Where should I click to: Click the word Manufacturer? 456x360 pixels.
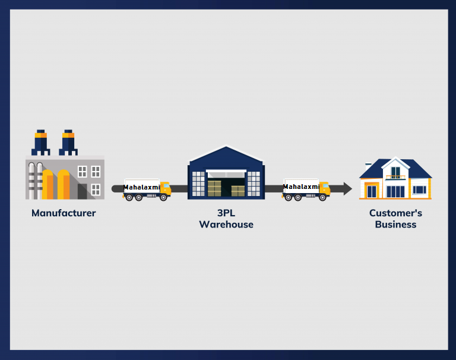click(x=64, y=213)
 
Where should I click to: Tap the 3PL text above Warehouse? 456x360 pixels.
click(x=226, y=213)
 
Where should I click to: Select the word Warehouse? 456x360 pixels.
click(x=226, y=225)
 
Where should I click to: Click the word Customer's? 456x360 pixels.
click(x=395, y=213)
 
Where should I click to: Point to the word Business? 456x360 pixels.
click(x=395, y=225)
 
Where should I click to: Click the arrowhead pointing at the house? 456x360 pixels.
click(x=347, y=189)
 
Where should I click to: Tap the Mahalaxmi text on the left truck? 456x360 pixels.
click(x=141, y=187)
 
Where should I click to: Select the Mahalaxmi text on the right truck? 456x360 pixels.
click(x=301, y=187)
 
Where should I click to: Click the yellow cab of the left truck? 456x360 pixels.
click(x=165, y=189)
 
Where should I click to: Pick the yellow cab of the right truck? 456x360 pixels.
click(x=324, y=188)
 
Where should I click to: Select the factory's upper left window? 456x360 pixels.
click(x=82, y=171)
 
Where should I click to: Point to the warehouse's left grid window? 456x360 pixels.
click(x=198, y=183)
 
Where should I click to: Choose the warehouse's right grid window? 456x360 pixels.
click(x=254, y=183)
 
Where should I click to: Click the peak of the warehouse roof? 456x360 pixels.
click(x=226, y=147)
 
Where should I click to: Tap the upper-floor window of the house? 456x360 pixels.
click(x=395, y=172)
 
